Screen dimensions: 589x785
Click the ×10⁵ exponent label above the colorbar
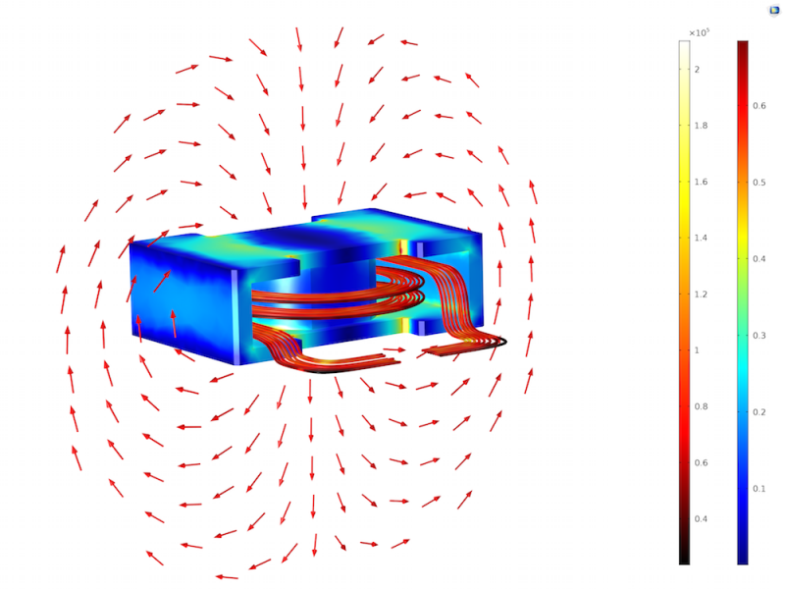699,32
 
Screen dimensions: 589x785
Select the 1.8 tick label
701,126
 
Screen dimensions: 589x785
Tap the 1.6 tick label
701,182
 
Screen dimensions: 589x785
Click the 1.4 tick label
701,239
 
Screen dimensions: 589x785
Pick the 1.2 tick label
701,294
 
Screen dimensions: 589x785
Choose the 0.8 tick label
701,406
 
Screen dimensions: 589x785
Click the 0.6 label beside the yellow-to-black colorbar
701,463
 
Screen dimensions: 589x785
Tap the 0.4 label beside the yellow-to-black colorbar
701,519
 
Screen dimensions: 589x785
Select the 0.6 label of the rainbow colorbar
759,105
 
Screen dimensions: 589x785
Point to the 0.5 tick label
759,182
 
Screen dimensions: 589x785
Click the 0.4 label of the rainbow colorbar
759,258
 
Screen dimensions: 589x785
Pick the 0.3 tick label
759,335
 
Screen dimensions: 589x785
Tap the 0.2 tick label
759,411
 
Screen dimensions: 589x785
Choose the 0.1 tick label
759,488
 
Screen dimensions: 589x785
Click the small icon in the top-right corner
772,9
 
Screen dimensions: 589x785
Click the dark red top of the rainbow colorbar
743,45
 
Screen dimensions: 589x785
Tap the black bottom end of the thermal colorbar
684,559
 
